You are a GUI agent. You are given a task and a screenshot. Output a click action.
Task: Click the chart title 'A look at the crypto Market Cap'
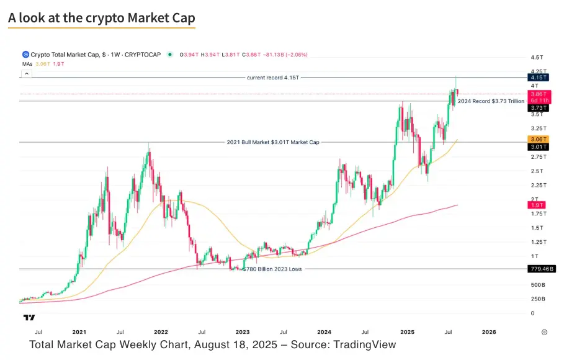tap(101, 18)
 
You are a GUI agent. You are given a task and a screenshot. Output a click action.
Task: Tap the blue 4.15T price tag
tap(537, 77)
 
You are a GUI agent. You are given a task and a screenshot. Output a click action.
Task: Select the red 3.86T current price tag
tap(537, 93)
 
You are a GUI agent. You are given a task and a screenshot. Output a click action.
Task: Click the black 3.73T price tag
tap(537, 108)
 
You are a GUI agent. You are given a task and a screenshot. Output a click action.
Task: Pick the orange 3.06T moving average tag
tap(537, 139)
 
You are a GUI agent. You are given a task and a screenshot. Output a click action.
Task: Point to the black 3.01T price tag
tap(537, 147)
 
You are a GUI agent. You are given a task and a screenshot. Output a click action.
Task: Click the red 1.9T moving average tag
tap(536, 205)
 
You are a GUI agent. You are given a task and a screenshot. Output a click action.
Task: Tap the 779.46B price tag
tap(540, 269)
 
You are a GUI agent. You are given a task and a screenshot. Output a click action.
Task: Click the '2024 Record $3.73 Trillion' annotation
tap(491, 101)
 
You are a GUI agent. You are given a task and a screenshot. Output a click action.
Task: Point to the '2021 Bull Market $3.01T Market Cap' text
tap(273, 142)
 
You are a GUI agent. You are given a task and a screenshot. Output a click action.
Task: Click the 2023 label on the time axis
tap(243, 332)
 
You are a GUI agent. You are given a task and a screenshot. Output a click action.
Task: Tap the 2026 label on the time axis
tap(489, 332)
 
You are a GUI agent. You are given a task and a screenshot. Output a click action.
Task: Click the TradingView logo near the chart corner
tap(29, 318)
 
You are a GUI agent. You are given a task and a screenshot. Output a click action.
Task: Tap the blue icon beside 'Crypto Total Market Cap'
tap(25, 55)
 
